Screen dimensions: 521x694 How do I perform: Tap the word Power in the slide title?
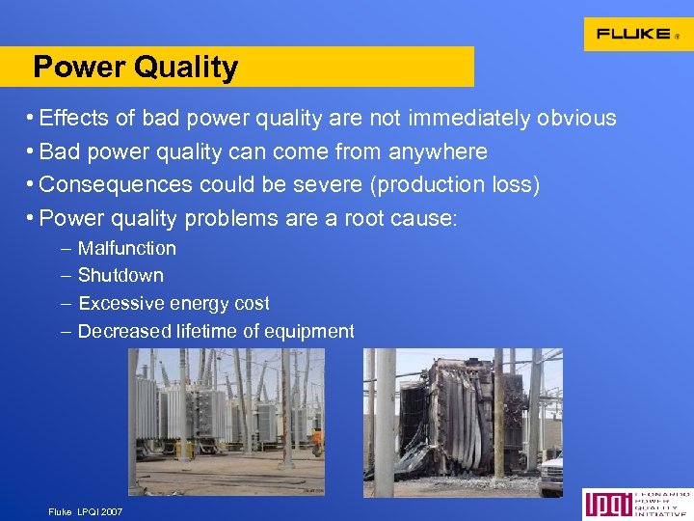(x=80, y=68)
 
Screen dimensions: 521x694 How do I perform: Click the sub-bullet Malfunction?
(x=127, y=249)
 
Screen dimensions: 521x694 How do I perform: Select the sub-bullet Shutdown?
(x=120, y=276)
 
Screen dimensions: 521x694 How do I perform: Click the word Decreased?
(x=124, y=332)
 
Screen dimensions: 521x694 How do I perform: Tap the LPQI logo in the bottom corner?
(x=636, y=505)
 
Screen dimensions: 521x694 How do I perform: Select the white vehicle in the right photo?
(x=551, y=473)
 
